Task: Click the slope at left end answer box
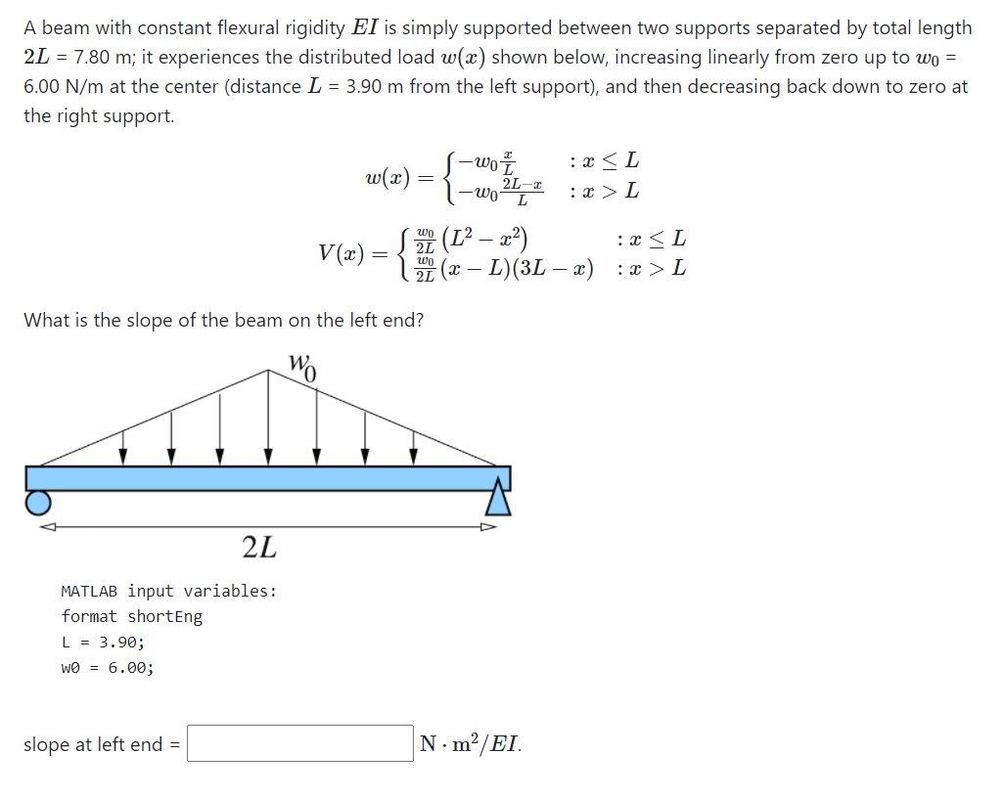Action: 300,743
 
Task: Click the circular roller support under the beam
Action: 37,502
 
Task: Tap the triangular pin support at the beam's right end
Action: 498,497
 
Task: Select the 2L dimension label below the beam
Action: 259,548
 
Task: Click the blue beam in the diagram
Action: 267,478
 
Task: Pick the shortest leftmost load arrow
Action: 123,446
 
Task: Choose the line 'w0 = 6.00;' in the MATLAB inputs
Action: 107,667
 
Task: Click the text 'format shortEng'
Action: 131,616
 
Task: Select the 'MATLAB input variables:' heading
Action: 168,591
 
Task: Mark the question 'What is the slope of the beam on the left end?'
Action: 223,320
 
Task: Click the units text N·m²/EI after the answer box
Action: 470,743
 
